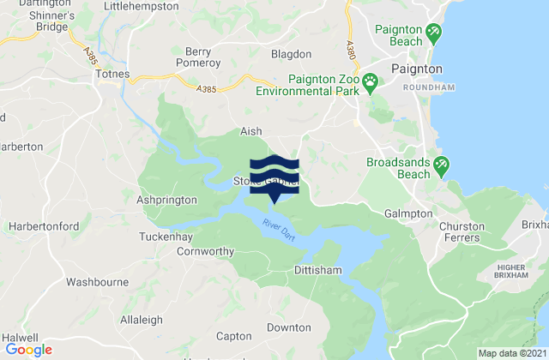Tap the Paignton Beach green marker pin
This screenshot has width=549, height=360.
point(434,33)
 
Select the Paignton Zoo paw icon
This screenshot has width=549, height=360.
point(370,82)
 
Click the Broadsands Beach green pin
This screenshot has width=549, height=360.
point(443,165)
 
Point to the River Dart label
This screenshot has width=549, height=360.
point(273,229)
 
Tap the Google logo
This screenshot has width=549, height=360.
point(28,349)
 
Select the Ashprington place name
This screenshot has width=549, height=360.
point(167,200)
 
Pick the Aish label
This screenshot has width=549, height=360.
point(250,131)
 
